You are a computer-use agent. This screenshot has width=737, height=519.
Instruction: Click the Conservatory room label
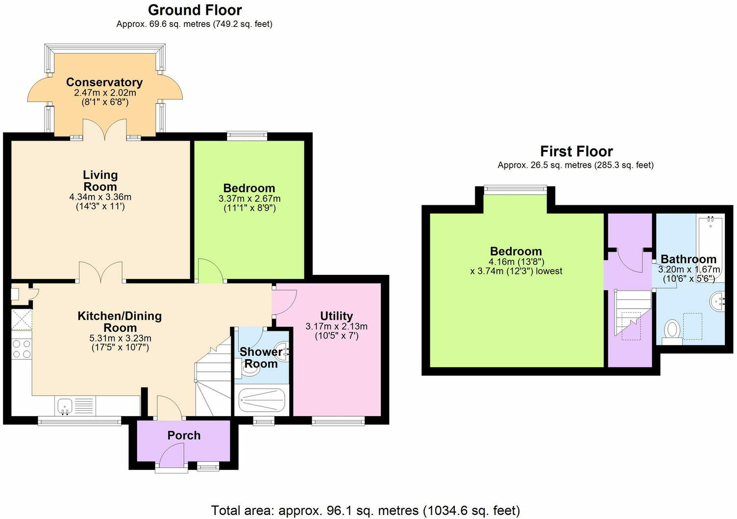coord(104,82)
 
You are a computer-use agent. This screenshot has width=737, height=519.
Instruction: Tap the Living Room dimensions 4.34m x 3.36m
coord(100,197)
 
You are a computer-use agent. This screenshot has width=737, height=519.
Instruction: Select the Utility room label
coord(336,316)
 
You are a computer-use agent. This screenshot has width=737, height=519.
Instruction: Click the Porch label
coord(184,435)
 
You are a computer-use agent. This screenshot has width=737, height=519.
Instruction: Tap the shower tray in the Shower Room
coord(262,401)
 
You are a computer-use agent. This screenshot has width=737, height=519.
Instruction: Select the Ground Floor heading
coord(195,10)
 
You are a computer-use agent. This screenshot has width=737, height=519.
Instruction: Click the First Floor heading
coord(576,151)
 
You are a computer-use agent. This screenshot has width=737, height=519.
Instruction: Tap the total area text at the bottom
coord(365,511)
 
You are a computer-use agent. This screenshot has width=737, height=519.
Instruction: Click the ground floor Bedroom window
coord(247,136)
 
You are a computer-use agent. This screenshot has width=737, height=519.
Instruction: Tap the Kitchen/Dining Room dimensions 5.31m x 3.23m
coord(120,338)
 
